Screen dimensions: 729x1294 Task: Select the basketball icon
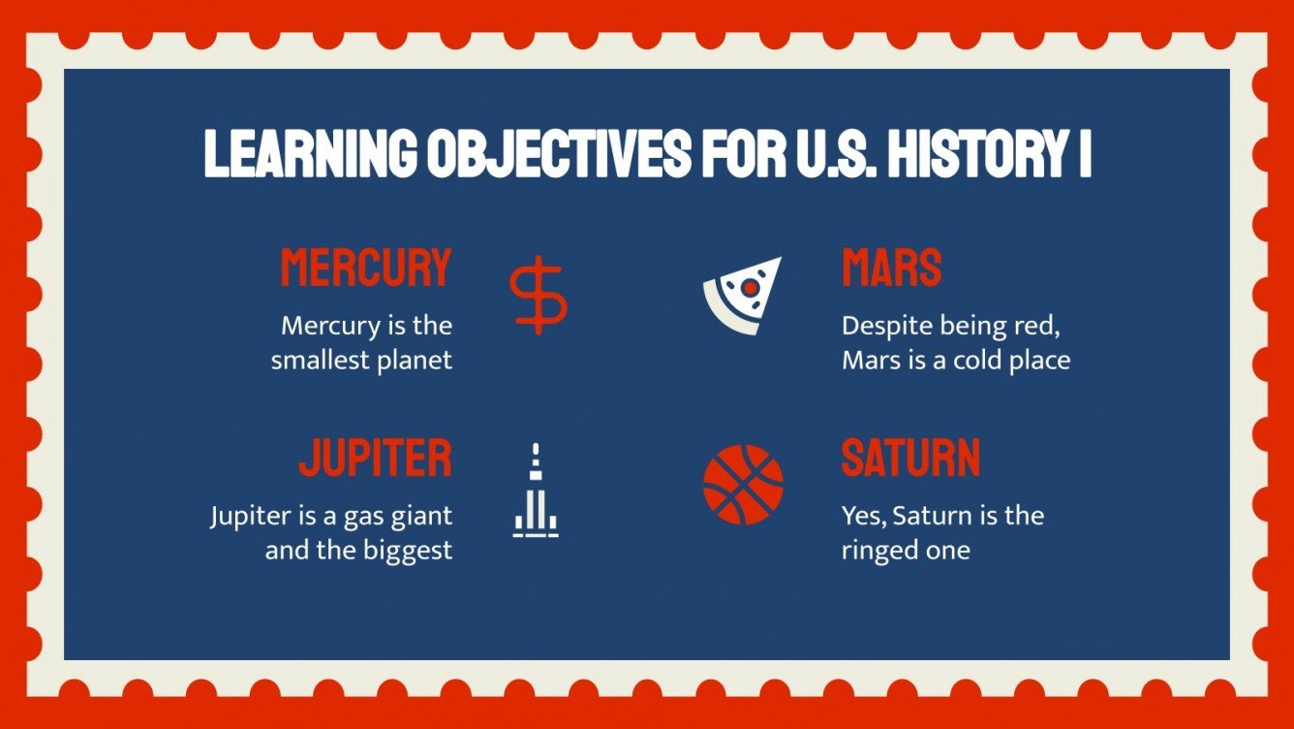pyautogui.click(x=743, y=484)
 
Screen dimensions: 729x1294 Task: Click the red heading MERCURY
pyautogui.click(x=366, y=268)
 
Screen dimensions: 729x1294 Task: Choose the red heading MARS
pyautogui.click(x=891, y=268)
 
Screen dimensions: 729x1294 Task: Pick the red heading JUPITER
pyautogui.click(x=375, y=458)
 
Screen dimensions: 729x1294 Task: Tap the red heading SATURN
pyautogui.click(x=910, y=458)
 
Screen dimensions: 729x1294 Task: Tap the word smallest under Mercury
pyautogui.click(x=319, y=361)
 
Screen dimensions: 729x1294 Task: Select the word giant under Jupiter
pyautogui.click(x=421, y=515)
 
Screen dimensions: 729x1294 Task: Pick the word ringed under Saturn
pyautogui.click(x=878, y=551)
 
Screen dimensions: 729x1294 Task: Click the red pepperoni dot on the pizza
pyautogui.click(x=749, y=287)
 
